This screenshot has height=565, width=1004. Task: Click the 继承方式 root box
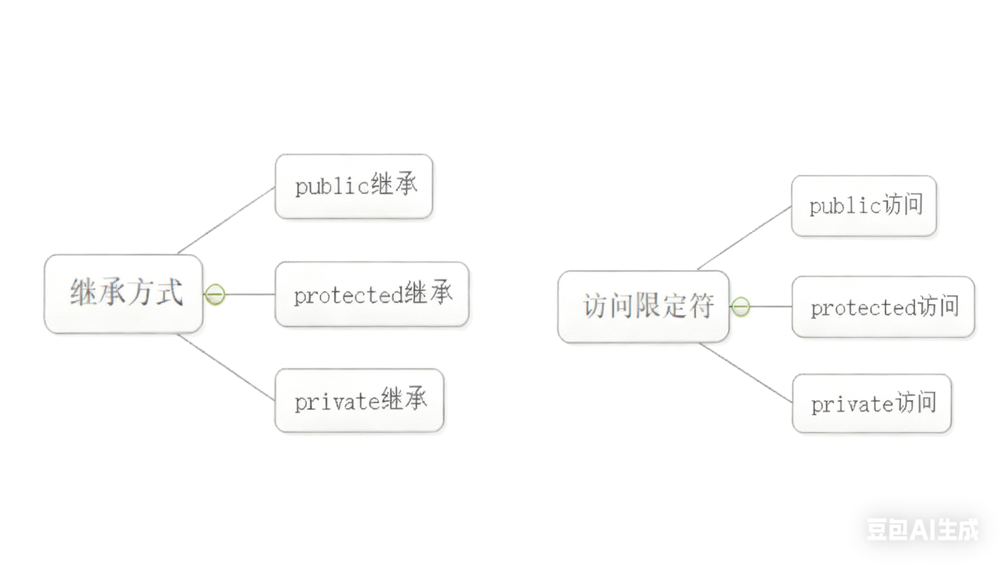click(x=124, y=294)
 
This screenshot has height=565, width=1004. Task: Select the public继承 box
click(x=354, y=186)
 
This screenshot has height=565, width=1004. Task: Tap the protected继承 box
click(x=372, y=294)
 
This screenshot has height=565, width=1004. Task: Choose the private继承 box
click(x=359, y=400)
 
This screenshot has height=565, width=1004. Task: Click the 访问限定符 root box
click(x=643, y=307)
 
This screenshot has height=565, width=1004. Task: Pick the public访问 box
click(x=864, y=206)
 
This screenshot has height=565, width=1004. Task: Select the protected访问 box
click(x=883, y=307)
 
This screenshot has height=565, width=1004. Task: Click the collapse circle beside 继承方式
click(x=215, y=294)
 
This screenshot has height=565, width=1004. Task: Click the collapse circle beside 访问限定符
click(x=741, y=307)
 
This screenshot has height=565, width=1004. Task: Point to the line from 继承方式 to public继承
click(x=226, y=220)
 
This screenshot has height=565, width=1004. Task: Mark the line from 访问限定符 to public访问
click(x=744, y=238)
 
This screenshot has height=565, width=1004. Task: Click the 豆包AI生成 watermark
click(x=922, y=530)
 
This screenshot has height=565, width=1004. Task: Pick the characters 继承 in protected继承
click(x=428, y=293)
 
